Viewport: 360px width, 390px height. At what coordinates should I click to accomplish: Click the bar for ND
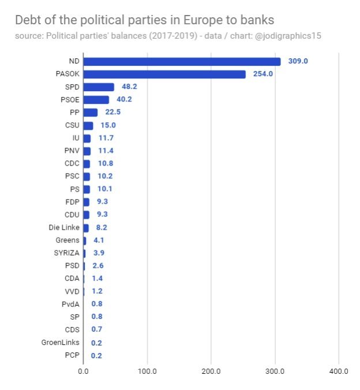point(182,62)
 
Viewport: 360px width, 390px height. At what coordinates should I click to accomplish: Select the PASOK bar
point(164,74)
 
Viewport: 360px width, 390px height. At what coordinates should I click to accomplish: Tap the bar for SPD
point(99,87)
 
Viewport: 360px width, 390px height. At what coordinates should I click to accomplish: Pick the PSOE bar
point(96,100)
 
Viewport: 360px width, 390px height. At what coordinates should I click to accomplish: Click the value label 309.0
point(298,62)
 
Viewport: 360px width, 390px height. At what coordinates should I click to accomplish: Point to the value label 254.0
point(263,74)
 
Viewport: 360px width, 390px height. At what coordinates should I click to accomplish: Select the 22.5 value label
point(113,112)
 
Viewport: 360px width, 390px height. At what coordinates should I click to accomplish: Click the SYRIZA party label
point(66,253)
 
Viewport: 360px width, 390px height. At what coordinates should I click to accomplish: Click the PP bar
point(91,112)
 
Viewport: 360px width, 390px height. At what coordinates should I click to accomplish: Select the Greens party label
point(67,240)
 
